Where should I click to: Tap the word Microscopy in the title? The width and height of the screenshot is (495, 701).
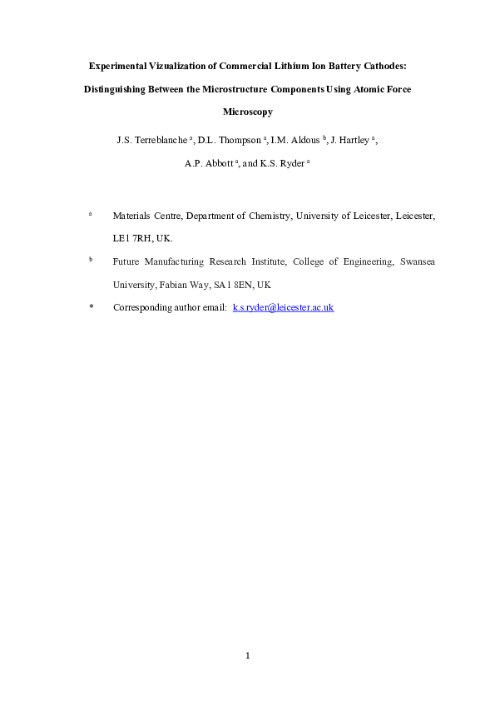pyautogui.click(x=248, y=111)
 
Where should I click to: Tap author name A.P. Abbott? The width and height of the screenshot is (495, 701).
pyautogui.click(x=209, y=163)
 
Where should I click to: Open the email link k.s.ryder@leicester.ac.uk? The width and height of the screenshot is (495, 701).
pyautogui.click(x=283, y=307)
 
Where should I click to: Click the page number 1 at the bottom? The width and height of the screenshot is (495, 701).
pyautogui.click(x=248, y=655)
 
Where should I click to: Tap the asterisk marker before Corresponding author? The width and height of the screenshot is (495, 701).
pyautogui.click(x=91, y=307)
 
